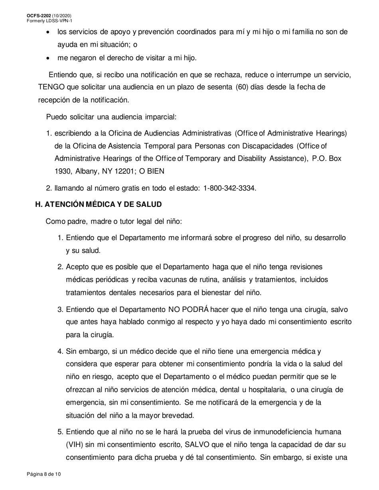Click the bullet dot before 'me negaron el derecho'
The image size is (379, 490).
pyautogui.click(x=48, y=58)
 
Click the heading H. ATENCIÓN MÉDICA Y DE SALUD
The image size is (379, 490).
pyautogui.click(x=99, y=204)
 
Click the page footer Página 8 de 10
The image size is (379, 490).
pyautogui.click(x=44, y=474)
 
